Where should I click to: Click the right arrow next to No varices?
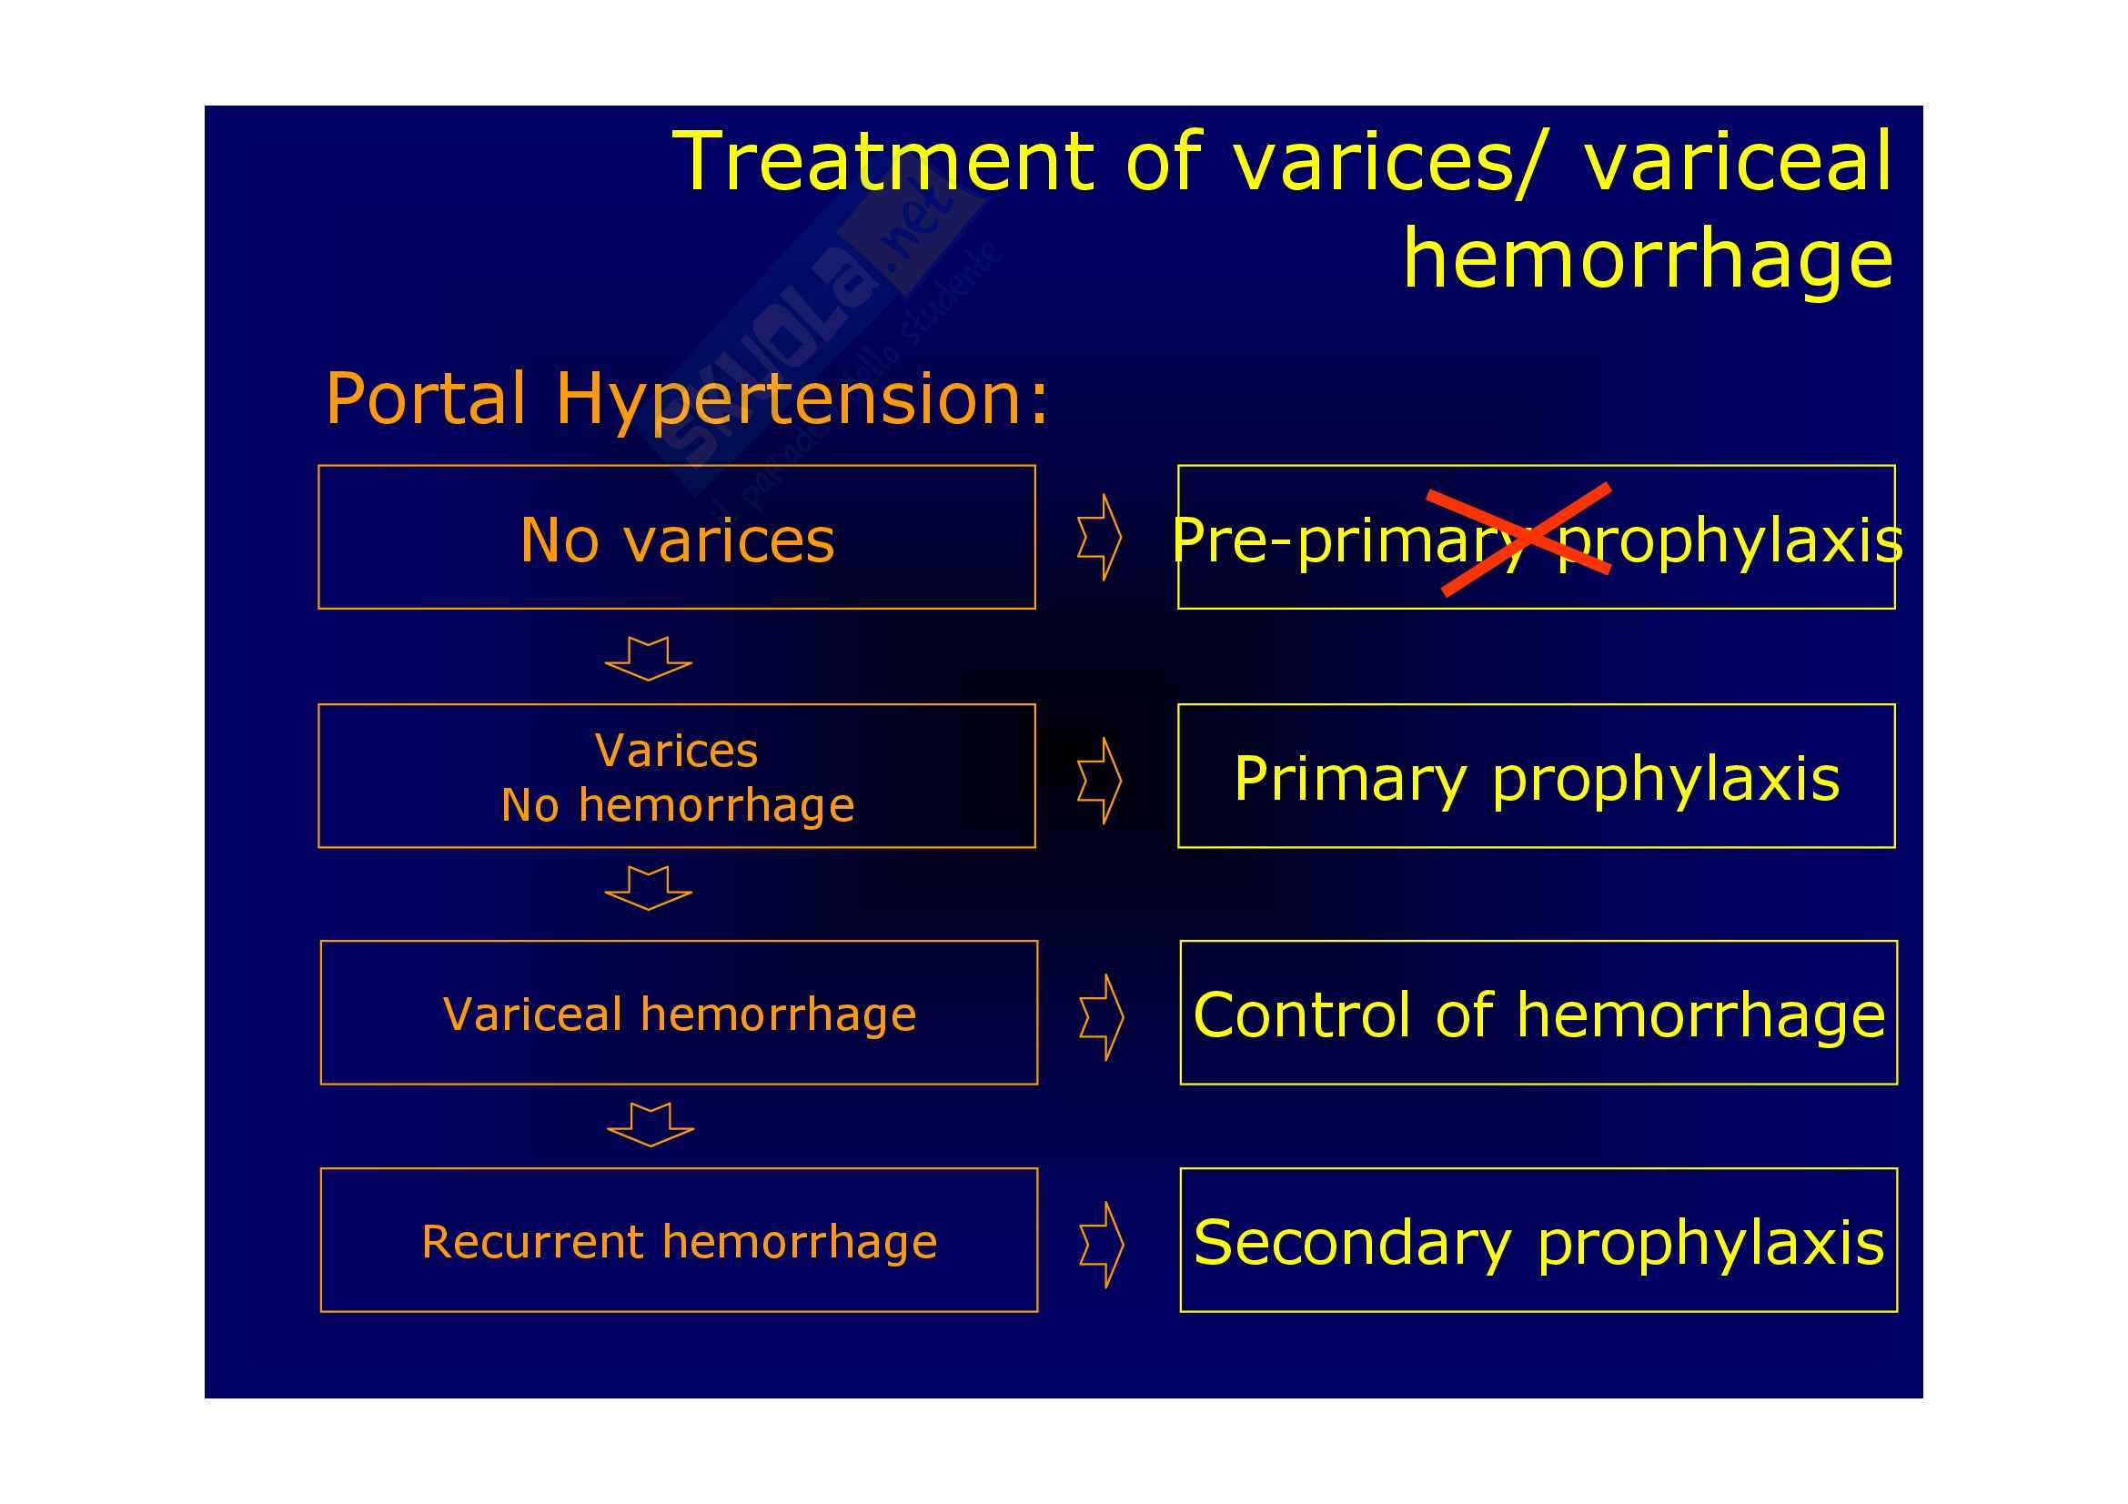pyautogui.click(x=1100, y=538)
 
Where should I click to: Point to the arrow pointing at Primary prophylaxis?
pyautogui.click(x=1100, y=782)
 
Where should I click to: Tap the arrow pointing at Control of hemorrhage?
pyautogui.click(x=1102, y=1017)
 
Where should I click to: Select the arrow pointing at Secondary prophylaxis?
pyautogui.click(x=1102, y=1246)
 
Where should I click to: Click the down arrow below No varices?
pyautogui.click(x=649, y=659)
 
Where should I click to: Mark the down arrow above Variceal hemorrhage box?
pyautogui.click(x=649, y=889)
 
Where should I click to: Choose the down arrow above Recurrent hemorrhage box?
pyautogui.click(x=651, y=1125)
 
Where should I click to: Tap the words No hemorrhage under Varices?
pyautogui.click(x=678, y=804)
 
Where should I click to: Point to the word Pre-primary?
pyautogui.click(x=1349, y=541)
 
